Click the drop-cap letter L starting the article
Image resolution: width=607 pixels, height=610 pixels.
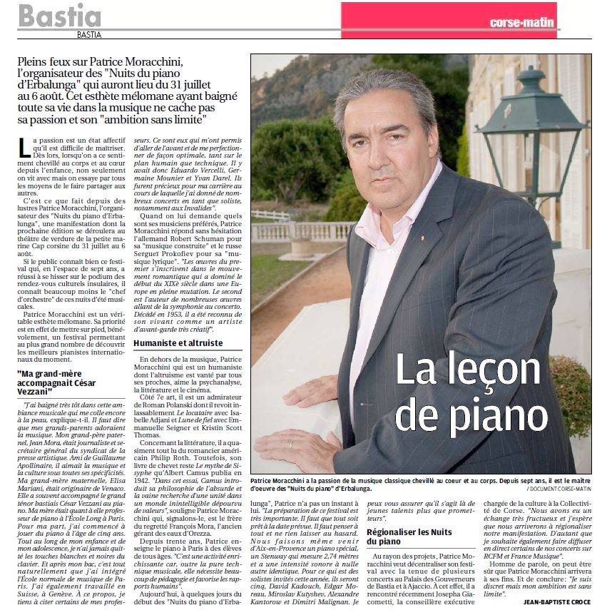pos(26,148)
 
